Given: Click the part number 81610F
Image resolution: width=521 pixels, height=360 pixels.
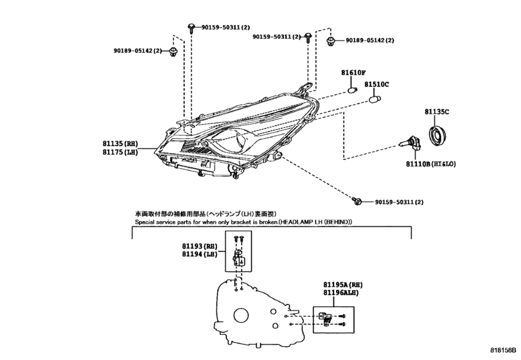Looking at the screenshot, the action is [x=353, y=73].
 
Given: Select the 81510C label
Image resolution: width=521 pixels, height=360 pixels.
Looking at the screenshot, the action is [x=376, y=84].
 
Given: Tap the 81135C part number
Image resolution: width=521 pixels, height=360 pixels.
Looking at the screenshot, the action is [x=437, y=112].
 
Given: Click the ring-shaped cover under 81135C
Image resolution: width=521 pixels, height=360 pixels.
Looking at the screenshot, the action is [x=437, y=136].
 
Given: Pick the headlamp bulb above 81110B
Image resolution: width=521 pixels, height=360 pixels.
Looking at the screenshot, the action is [x=410, y=145].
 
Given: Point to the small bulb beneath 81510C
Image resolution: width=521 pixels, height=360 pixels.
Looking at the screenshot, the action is [x=375, y=99].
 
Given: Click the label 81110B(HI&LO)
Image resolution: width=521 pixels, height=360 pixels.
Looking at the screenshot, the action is [x=430, y=164].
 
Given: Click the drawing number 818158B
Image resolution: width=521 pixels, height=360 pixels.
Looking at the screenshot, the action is [x=503, y=350].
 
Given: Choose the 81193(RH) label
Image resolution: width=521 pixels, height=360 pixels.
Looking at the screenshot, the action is [x=199, y=246].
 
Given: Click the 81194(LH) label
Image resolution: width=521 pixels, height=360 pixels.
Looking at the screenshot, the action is [x=199, y=255].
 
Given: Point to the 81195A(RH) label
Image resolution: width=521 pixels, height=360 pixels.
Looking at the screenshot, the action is [x=343, y=285].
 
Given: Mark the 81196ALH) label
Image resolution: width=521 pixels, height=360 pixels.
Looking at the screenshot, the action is [x=341, y=293].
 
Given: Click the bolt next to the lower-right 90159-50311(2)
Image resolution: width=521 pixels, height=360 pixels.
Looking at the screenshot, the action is [x=357, y=201].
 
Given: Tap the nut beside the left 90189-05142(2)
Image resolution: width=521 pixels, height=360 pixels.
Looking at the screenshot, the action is [x=173, y=51].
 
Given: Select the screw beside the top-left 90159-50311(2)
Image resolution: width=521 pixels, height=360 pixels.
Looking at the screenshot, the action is [x=191, y=28].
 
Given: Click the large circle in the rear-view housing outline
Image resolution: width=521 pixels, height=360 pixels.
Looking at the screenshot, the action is [x=242, y=315].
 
